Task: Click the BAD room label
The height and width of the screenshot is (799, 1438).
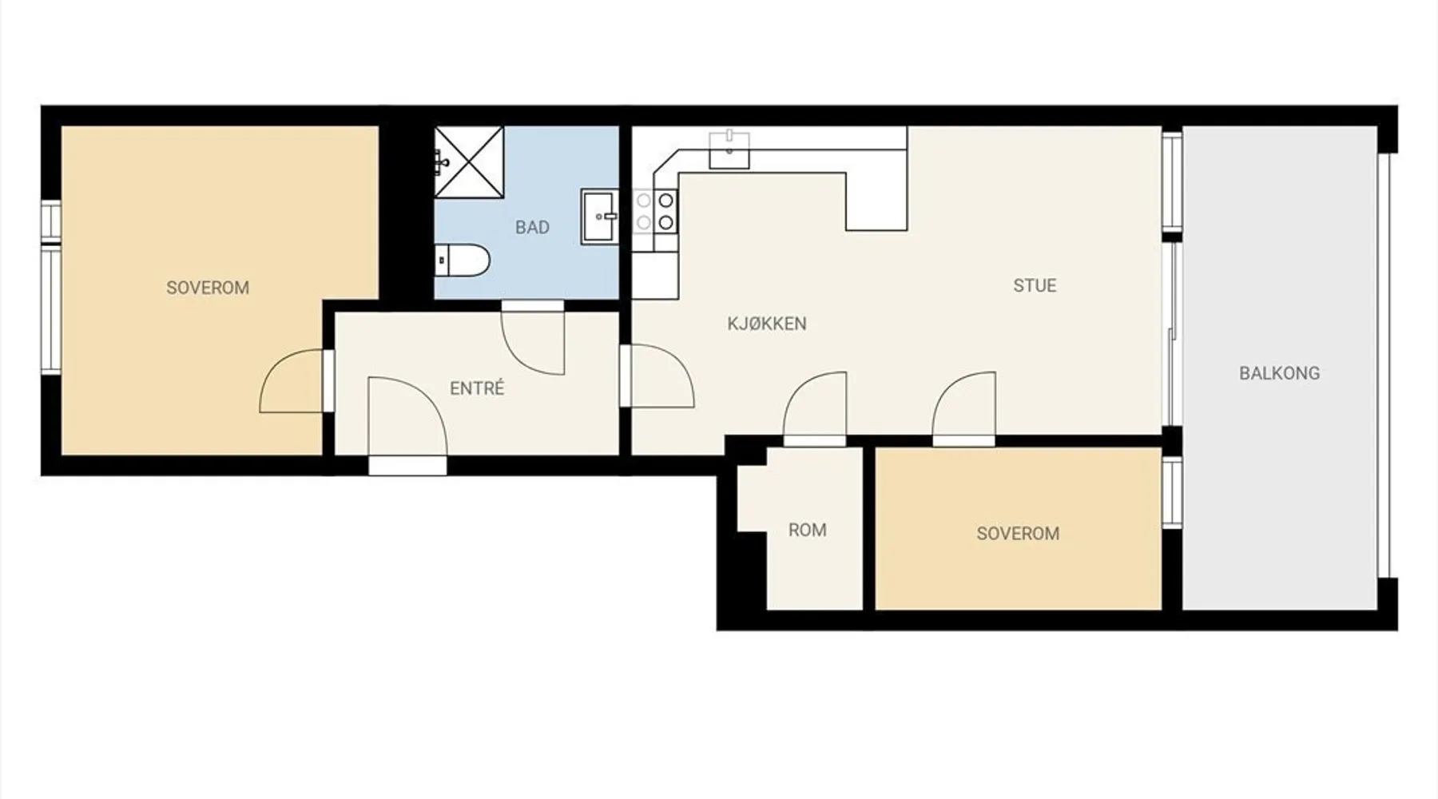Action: (x=532, y=228)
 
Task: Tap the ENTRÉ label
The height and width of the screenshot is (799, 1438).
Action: (x=477, y=388)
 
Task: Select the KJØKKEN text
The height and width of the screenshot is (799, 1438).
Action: (x=767, y=324)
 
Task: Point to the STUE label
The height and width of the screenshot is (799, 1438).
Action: (x=1035, y=285)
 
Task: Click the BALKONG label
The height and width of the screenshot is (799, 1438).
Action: (x=1279, y=373)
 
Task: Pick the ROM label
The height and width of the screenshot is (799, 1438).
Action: (x=807, y=530)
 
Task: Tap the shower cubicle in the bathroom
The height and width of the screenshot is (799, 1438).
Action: (x=469, y=162)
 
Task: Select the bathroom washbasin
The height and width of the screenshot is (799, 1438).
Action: (x=599, y=216)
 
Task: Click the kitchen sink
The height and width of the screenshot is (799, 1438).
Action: (x=729, y=150)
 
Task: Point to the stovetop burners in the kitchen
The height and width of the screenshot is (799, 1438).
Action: (x=656, y=212)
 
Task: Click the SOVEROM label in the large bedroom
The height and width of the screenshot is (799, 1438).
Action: (x=208, y=288)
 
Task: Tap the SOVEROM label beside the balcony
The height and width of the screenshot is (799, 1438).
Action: (x=1018, y=534)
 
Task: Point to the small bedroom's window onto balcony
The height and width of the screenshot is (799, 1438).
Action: (x=1172, y=492)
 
